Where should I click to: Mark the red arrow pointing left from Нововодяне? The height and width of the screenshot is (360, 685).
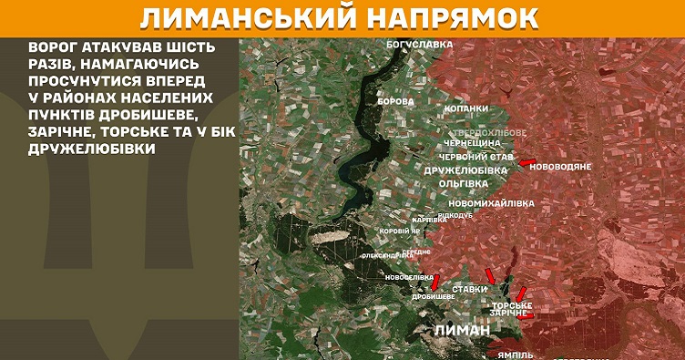pyautogui.click(x=526, y=163)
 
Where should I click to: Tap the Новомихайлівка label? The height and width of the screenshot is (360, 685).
pyautogui.click(x=486, y=202)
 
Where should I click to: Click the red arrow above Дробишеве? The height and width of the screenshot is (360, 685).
pyautogui.click(x=435, y=282)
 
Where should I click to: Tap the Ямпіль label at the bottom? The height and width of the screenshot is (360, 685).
pyautogui.click(x=522, y=352)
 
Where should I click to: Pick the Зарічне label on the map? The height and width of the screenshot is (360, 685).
pyautogui.click(x=508, y=314)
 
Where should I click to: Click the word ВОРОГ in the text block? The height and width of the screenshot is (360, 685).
pyautogui.click(x=53, y=46)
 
